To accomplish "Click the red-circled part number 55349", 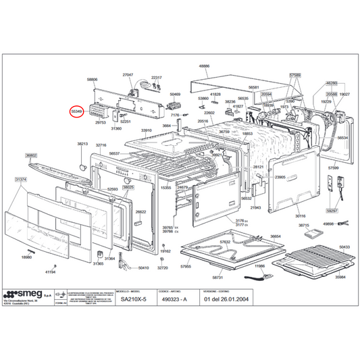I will click(x=77, y=111).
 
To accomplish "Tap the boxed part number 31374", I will click(x=22, y=180).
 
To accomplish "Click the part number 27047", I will click(x=128, y=74).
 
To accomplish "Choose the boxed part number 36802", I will click(x=32, y=155).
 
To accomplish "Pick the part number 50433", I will click(x=344, y=248).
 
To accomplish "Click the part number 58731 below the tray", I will click(x=217, y=278).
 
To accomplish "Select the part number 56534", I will click(x=343, y=138).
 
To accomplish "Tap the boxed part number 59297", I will click(x=332, y=192).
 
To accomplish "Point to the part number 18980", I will click(x=26, y=257).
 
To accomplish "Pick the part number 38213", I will click(x=82, y=145).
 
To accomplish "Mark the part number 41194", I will click(x=51, y=272).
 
